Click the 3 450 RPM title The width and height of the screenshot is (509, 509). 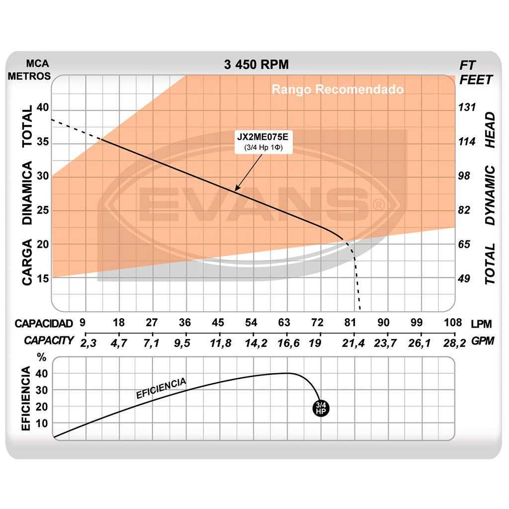coord(256,65)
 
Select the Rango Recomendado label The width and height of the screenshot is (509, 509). coord(338,90)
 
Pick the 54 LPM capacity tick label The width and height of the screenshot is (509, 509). coord(252,323)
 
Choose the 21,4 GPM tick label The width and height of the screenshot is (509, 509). coord(354,341)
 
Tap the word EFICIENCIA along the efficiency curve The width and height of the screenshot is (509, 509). coord(161,388)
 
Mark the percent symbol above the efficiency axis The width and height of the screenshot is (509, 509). coord(42,357)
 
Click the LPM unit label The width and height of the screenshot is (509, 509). coord(481,324)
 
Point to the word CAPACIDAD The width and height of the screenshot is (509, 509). coord(44,324)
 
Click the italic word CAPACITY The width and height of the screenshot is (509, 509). coord(49,341)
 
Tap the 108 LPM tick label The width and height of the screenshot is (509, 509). coord(453,323)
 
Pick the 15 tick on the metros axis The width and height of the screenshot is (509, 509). coord(41,278)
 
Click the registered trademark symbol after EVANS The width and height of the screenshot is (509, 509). coord(378,204)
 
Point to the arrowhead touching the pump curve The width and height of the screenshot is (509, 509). coord(237,189)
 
